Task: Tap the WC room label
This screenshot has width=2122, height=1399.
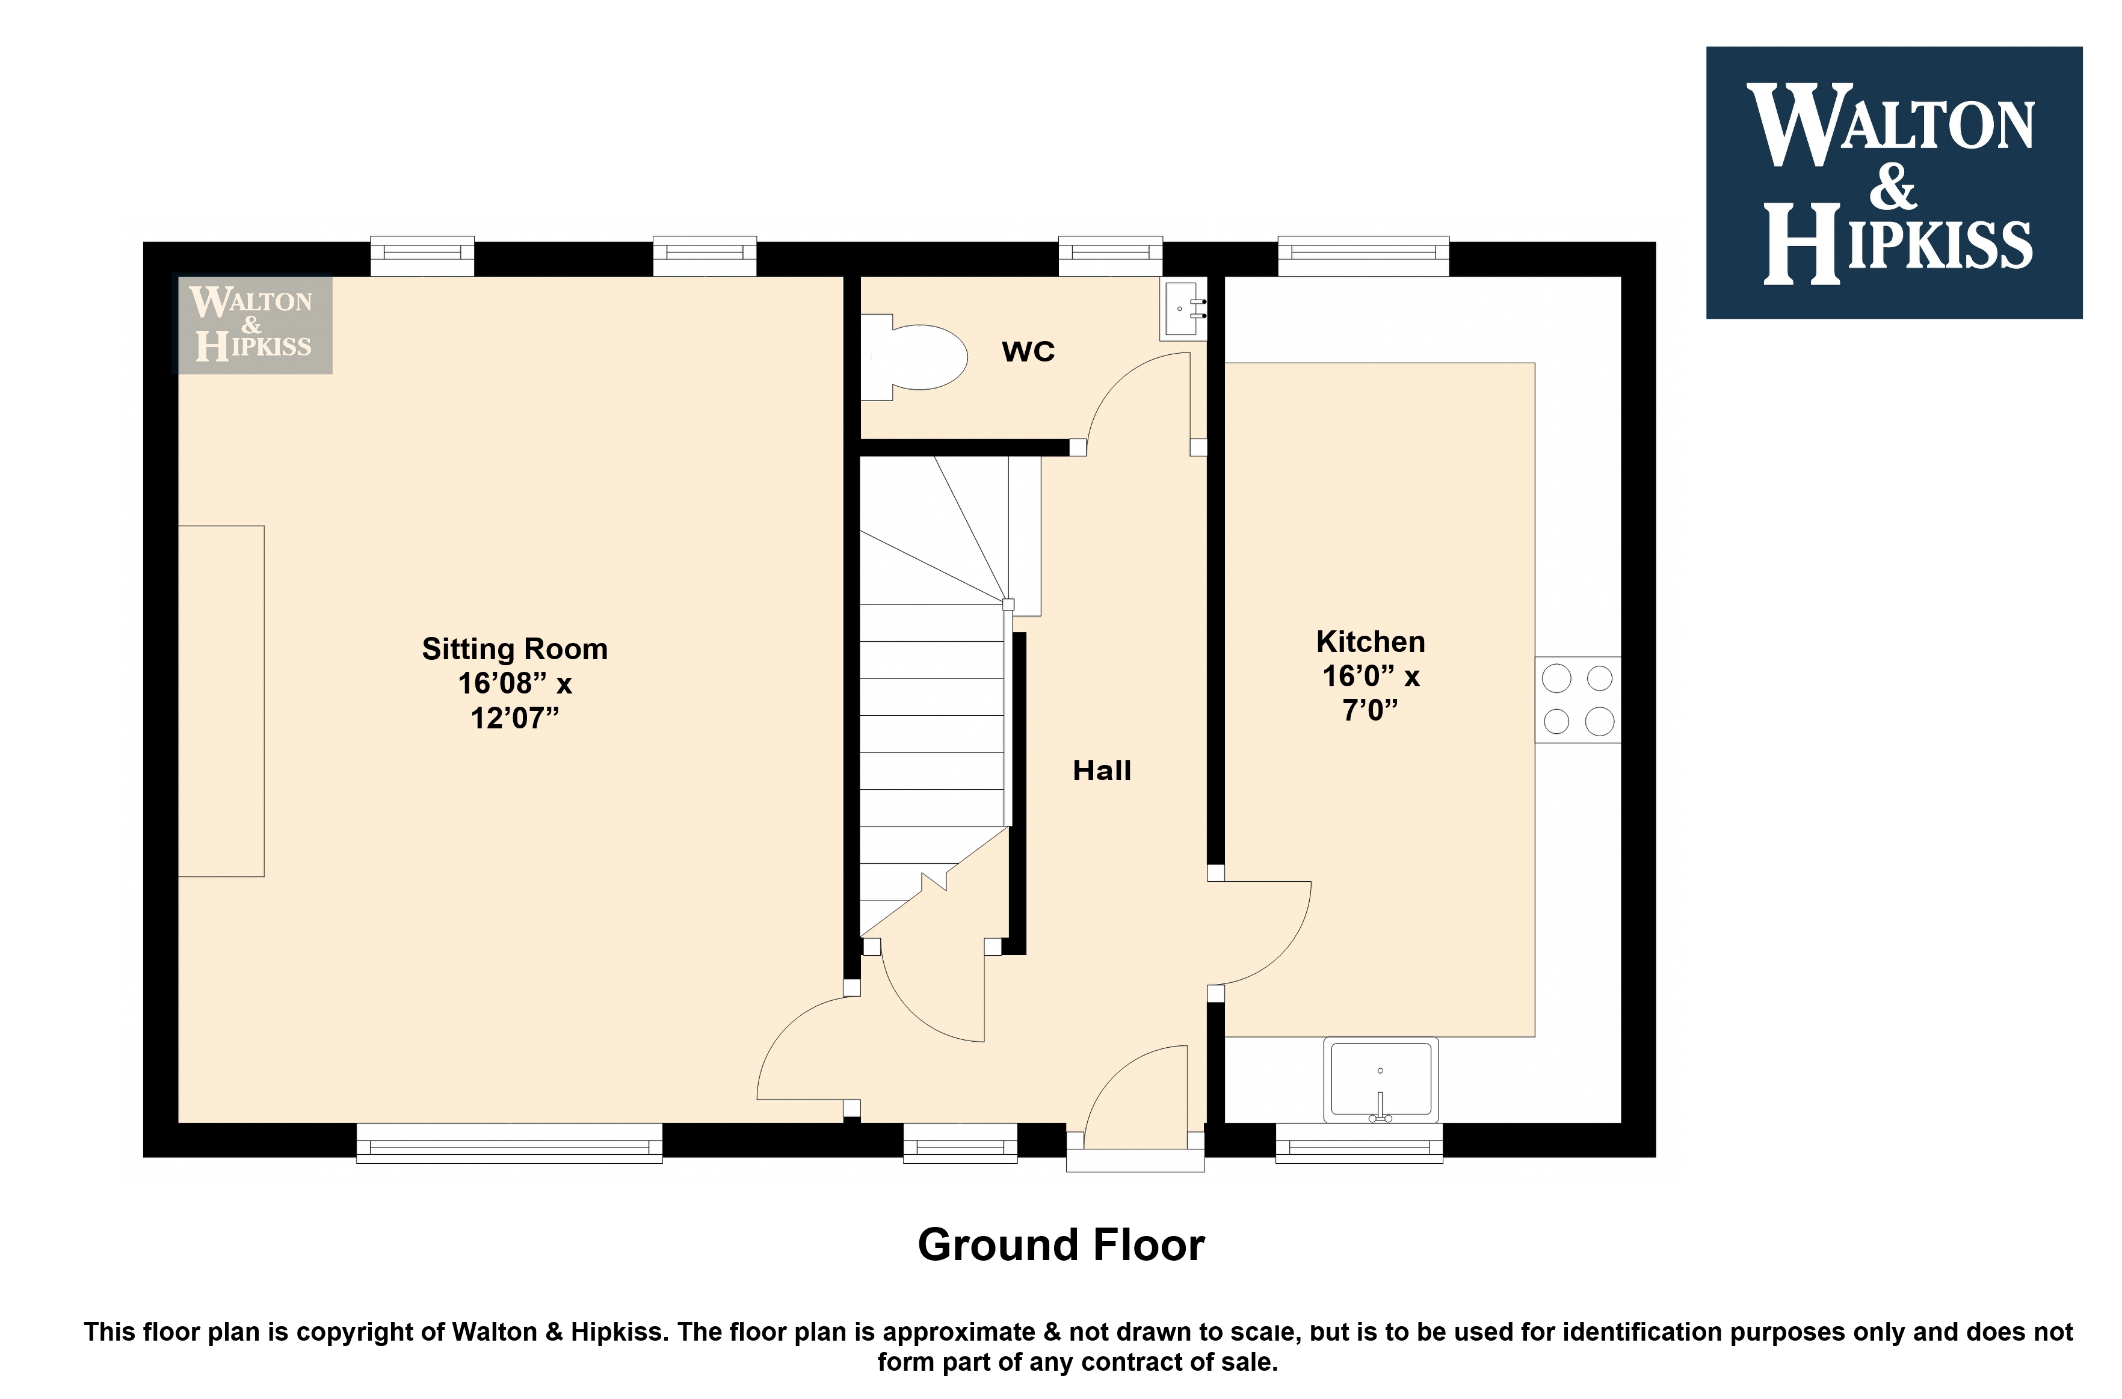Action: click(1028, 351)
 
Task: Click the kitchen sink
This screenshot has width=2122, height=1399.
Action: click(1380, 1080)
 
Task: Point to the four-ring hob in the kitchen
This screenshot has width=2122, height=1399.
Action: click(1578, 699)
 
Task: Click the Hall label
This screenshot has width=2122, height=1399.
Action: click(1102, 770)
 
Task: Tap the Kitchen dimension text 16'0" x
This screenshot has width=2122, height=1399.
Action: click(1371, 676)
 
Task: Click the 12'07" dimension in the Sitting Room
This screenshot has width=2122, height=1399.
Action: click(515, 718)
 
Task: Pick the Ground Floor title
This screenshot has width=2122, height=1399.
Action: click(1061, 1244)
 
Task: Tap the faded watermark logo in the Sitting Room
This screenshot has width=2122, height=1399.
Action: click(253, 324)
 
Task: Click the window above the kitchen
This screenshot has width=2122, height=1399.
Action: click(1363, 256)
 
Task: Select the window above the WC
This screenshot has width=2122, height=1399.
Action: click(1111, 256)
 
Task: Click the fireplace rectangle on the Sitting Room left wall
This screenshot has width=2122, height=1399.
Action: click(221, 701)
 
